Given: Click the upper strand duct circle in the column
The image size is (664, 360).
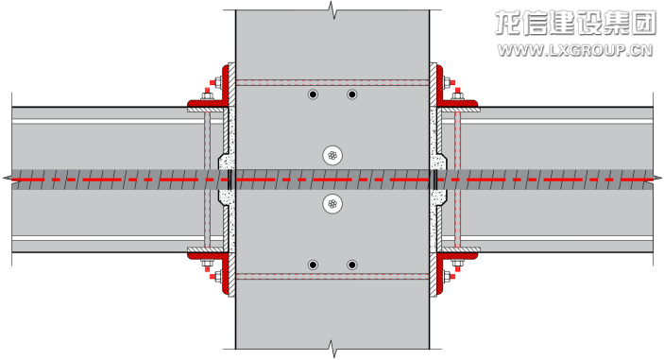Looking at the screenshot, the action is pos(332,156).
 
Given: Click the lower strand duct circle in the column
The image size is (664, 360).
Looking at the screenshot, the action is pos(332,204).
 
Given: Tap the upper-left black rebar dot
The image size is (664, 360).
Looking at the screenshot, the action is pos(313,94).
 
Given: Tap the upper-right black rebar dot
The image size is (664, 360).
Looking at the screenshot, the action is pos(352,94).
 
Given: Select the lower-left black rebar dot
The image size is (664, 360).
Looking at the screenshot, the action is pos(313,266).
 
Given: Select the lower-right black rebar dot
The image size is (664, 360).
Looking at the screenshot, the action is pos(352,266).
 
